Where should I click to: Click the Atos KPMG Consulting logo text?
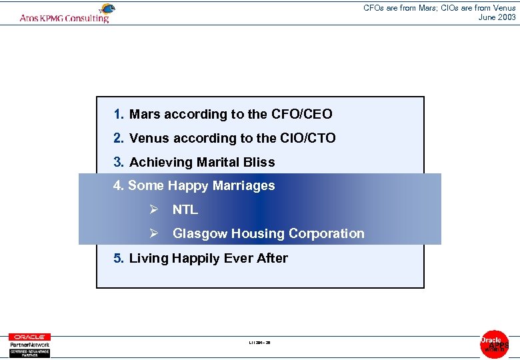(x=64, y=18)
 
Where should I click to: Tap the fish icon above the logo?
(x=106, y=9)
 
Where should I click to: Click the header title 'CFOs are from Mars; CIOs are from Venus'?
(x=439, y=8)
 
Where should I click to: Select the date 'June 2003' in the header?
(x=497, y=17)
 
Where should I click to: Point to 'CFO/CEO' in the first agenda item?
(x=301, y=115)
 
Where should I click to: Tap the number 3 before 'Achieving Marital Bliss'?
(x=118, y=163)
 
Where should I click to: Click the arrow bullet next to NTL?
(x=153, y=210)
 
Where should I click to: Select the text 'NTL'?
(x=185, y=210)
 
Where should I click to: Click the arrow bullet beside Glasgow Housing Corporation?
(x=153, y=234)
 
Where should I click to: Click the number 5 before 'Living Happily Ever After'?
(x=118, y=259)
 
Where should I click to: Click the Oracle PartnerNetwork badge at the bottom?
(x=29, y=345)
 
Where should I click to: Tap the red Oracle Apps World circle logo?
(x=494, y=344)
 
